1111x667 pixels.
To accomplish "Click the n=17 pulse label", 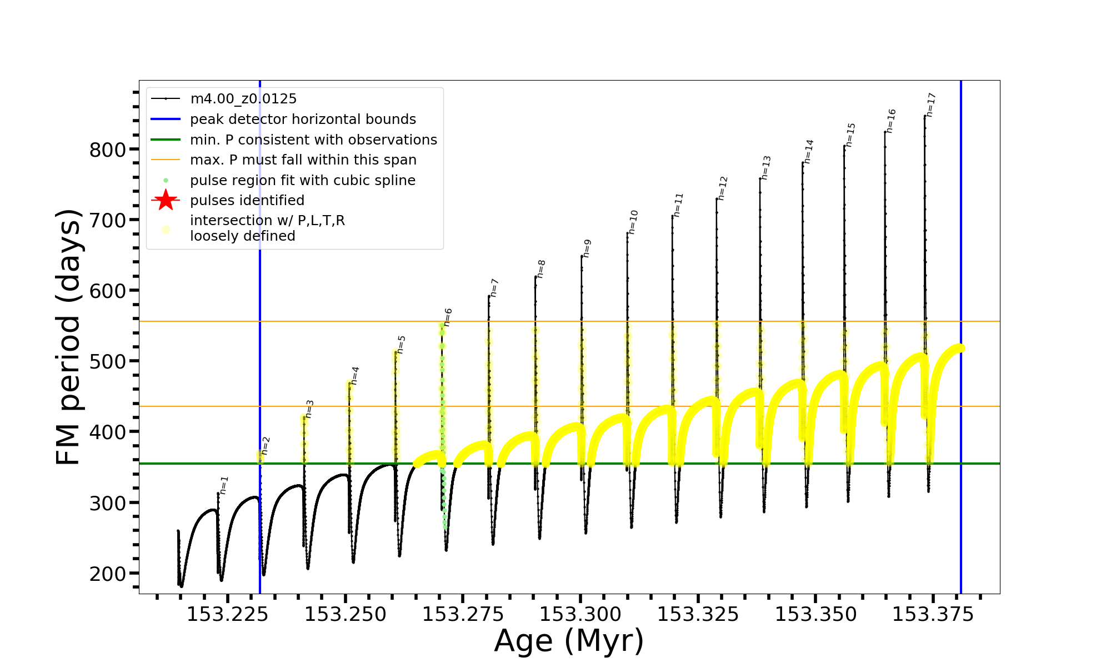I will (932, 104).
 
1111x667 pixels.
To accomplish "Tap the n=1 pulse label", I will (224, 485).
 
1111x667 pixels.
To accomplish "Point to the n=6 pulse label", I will (448, 317).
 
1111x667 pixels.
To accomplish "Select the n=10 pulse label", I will (633, 222).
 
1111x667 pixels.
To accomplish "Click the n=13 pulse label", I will (767, 167).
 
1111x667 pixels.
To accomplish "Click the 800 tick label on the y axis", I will (108, 150).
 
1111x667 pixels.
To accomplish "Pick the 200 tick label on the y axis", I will (108, 574).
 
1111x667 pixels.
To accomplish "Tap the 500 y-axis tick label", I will (108, 362).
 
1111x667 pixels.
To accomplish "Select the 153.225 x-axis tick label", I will (227, 615).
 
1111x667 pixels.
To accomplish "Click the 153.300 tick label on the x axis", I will (580, 615).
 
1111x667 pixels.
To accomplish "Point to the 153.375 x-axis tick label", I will (933, 615).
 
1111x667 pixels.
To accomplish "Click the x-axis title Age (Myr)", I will (569, 641).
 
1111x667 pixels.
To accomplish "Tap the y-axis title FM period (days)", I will (69, 337).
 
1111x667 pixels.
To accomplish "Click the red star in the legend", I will (166, 200).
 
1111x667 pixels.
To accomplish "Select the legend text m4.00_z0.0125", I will (243, 99).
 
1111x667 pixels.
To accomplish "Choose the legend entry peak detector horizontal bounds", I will (303, 120).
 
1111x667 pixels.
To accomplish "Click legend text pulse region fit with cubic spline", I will (303, 181).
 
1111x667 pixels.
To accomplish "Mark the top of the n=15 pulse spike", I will (844, 146).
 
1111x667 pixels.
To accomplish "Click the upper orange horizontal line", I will (555, 321).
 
